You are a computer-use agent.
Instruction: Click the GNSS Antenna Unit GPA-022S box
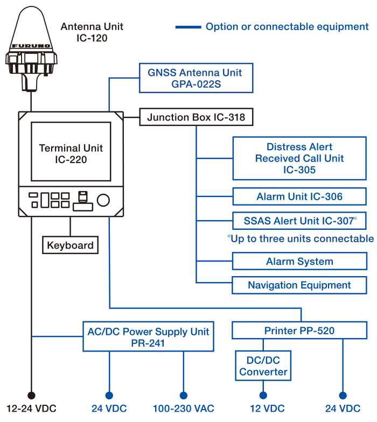pos(191,78)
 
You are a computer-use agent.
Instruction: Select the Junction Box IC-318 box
pos(196,117)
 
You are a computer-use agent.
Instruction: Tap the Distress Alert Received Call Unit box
pos(299,158)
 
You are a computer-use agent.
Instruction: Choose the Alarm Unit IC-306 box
pos(299,196)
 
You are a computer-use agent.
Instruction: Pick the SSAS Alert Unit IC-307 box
pos(299,220)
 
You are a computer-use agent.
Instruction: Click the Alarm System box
pos(299,262)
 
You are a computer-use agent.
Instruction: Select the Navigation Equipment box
pos(299,285)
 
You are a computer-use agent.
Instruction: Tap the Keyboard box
pos(70,245)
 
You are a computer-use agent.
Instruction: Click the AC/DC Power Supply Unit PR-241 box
pos(148,336)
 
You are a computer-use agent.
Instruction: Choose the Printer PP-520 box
pos(299,330)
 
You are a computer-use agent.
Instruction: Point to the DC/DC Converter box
pos(263,365)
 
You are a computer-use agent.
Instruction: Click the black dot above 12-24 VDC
pos(32,395)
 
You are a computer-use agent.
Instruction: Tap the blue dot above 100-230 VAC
pos(184,395)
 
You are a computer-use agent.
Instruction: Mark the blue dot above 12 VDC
pos(263,395)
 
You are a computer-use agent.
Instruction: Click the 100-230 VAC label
pos(184,409)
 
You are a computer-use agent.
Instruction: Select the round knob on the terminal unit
pos(103,201)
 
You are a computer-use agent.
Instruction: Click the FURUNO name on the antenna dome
pos(31,47)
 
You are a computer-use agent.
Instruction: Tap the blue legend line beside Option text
pos(187,26)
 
